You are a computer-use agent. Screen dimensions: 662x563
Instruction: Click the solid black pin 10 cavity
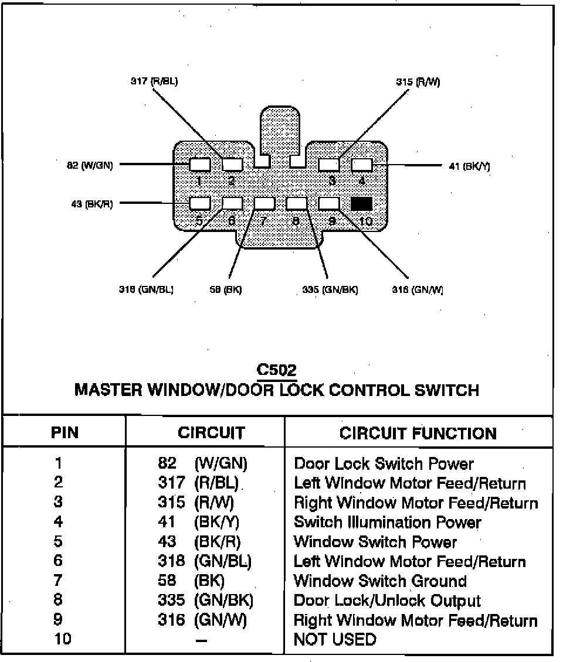pyautogui.click(x=361, y=203)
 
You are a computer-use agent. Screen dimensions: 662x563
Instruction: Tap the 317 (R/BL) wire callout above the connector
pyautogui.click(x=154, y=81)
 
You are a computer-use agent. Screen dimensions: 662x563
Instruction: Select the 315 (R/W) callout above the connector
pyautogui.click(x=418, y=82)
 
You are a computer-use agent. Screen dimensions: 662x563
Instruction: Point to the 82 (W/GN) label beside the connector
pyautogui.click(x=89, y=165)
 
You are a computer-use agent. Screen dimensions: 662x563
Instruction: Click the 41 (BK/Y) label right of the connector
pyautogui.click(x=469, y=166)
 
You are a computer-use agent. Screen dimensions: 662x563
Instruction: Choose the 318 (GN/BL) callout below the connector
pyautogui.click(x=145, y=289)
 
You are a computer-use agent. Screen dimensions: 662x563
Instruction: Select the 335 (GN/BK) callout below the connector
pyautogui.click(x=330, y=289)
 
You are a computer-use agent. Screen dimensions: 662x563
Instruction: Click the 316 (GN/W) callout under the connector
pyautogui.click(x=418, y=289)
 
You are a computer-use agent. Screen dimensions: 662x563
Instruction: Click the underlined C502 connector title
pyautogui.click(x=277, y=370)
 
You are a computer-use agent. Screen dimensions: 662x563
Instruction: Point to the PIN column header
pyautogui.click(x=65, y=434)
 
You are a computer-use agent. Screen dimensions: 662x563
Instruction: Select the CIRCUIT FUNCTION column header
pyautogui.click(x=418, y=434)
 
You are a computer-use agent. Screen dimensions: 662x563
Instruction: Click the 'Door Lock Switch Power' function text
pyautogui.click(x=384, y=464)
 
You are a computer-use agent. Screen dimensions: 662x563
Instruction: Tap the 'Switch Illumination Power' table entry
pyautogui.click(x=388, y=522)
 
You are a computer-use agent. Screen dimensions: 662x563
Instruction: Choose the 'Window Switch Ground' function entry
pyautogui.click(x=380, y=581)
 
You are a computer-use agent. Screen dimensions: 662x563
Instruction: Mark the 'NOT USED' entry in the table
pyautogui.click(x=335, y=639)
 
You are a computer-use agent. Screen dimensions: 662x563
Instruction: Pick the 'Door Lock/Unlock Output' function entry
pyautogui.click(x=387, y=600)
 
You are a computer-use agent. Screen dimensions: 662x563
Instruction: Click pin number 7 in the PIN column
pyautogui.click(x=57, y=581)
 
